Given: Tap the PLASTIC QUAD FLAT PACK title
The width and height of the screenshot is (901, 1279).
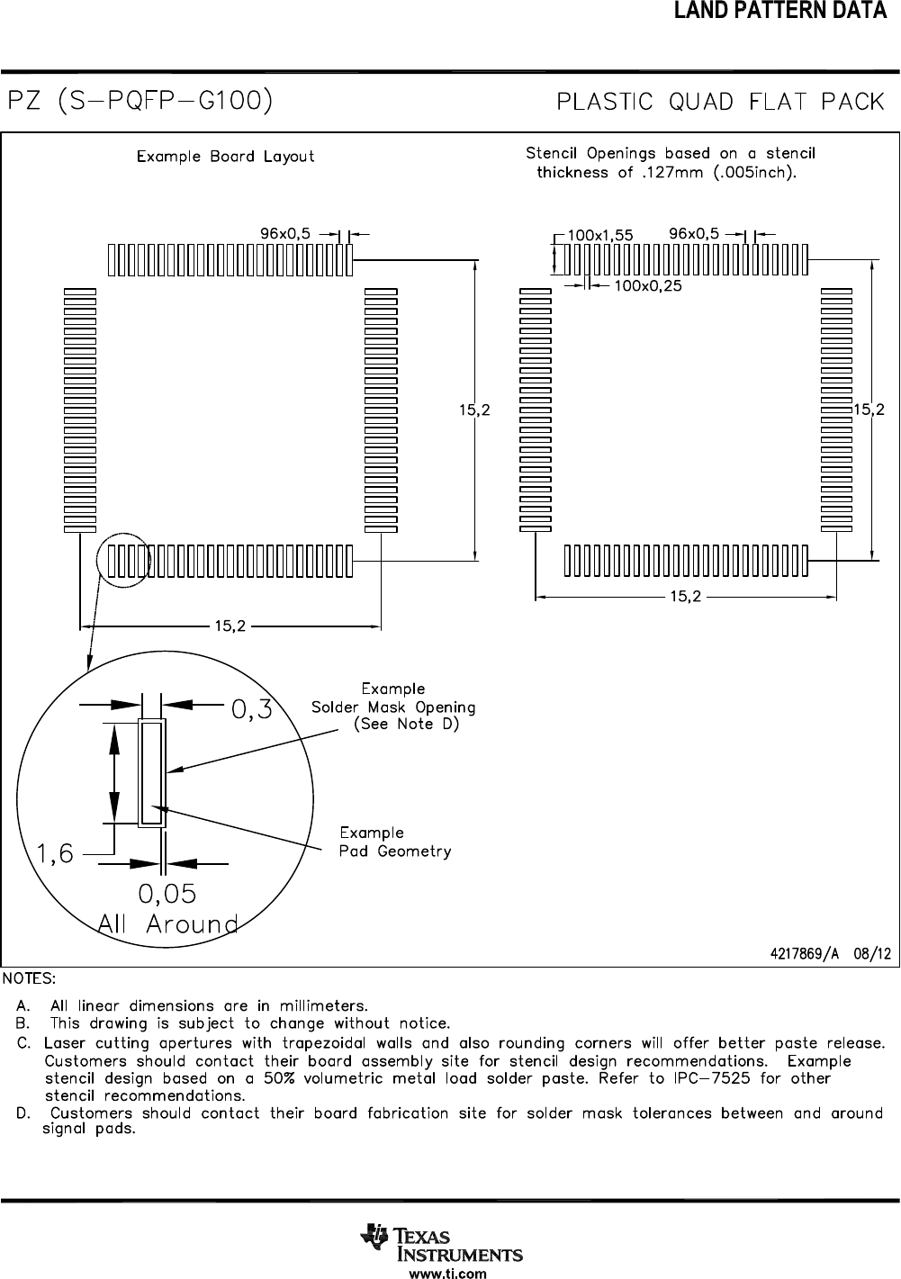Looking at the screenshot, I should tap(721, 102).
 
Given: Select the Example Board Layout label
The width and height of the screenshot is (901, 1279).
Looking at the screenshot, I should tap(225, 157).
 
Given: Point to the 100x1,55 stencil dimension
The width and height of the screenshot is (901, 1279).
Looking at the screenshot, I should tap(600, 235).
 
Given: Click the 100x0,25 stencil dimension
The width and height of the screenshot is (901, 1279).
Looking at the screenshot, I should tap(647, 285).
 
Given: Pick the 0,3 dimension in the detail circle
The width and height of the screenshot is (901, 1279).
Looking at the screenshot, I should tap(252, 711).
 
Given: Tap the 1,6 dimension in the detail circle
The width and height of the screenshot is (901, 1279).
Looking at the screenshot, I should tap(56, 854).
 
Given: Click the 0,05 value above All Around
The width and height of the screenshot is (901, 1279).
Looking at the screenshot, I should tap(167, 894).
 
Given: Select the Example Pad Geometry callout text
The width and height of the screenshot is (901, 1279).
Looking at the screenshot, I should tap(394, 842).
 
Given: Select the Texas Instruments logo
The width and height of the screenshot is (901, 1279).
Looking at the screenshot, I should tap(441, 1245).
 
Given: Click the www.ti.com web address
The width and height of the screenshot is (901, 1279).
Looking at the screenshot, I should tap(447, 1273).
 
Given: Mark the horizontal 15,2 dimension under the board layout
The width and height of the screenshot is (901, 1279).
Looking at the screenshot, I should tap(230, 626).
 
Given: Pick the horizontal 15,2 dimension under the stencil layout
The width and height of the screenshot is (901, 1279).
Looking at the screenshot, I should tap(685, 596).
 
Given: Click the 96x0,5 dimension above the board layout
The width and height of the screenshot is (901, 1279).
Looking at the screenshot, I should tap(285, 233).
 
